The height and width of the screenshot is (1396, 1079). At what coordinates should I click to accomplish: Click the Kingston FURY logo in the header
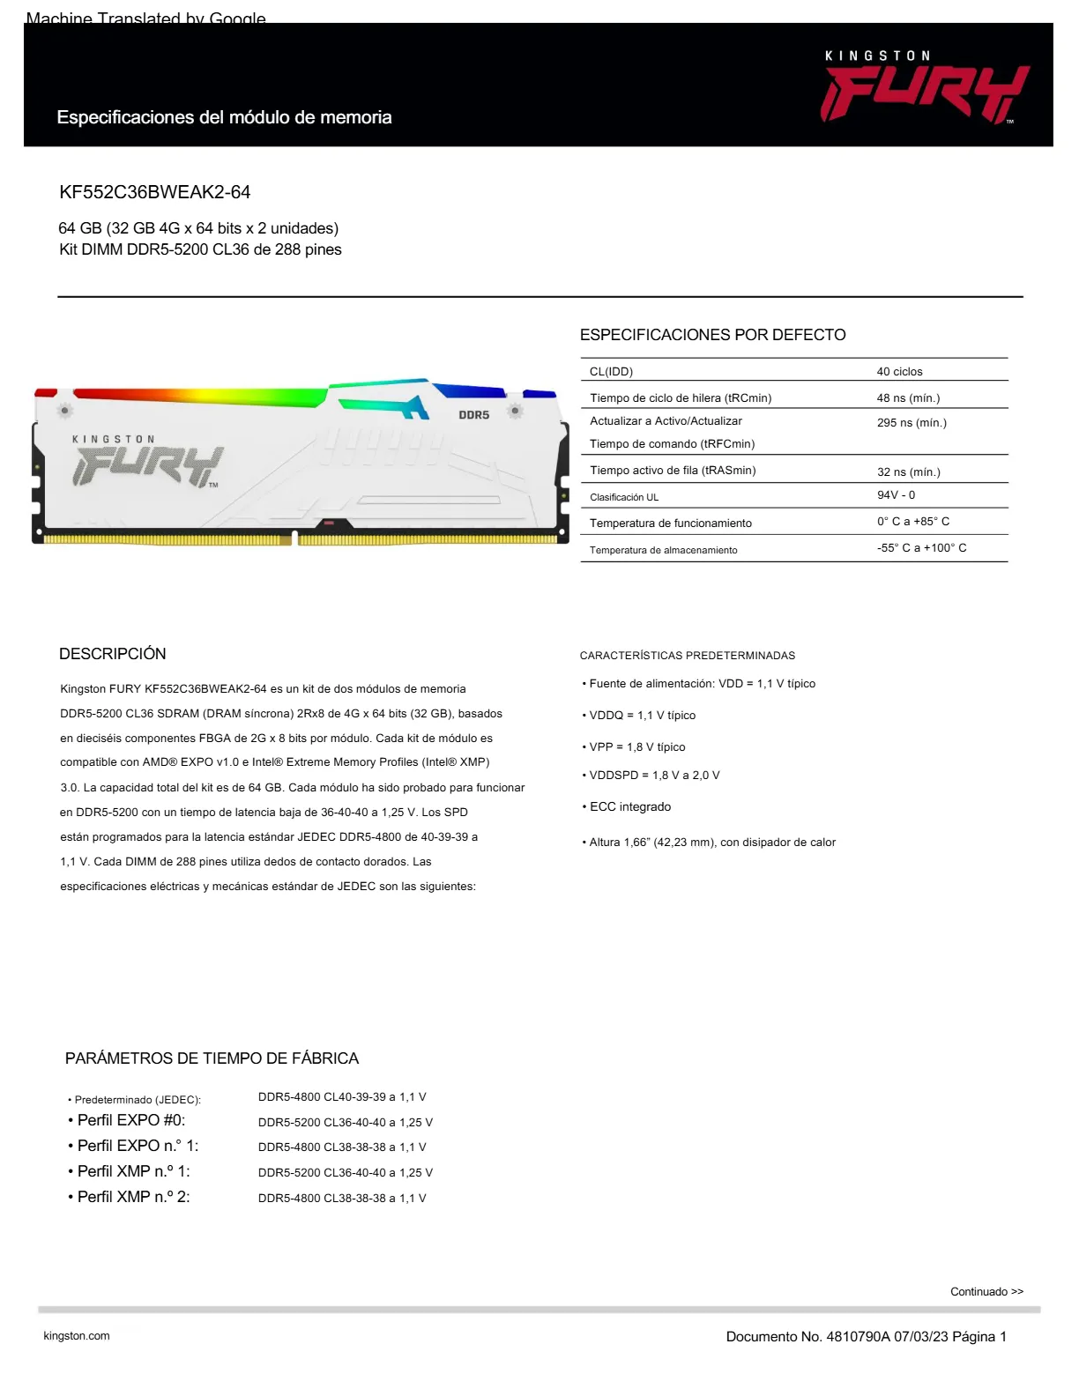point(925,88)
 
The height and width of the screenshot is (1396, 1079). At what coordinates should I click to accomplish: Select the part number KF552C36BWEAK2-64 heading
point(155,192)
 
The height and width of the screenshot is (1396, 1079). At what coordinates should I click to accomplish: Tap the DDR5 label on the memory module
point(473,414)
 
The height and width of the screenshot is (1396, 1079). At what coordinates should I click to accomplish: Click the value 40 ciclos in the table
point(899,372)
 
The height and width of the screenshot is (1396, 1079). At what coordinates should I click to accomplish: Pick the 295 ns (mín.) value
point(912,423)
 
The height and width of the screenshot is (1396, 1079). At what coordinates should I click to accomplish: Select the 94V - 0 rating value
point(896,495)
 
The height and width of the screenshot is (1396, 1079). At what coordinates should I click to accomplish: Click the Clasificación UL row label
point(624,497)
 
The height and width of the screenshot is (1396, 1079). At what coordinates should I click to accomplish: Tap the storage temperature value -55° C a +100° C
point(921,548)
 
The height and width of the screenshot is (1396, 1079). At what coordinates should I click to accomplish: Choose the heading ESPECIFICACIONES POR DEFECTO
point(712,335)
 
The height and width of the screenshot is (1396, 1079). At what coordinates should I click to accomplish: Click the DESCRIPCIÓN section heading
point(113,654)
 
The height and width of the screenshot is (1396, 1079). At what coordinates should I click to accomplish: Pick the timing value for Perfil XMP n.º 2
point(342,1199)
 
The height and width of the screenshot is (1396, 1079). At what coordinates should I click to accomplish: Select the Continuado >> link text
point(986,1292)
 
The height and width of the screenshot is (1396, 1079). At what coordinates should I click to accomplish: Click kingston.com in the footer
point(77,1336)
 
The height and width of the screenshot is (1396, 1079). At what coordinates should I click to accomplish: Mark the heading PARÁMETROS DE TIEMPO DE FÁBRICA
point(212,1058)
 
